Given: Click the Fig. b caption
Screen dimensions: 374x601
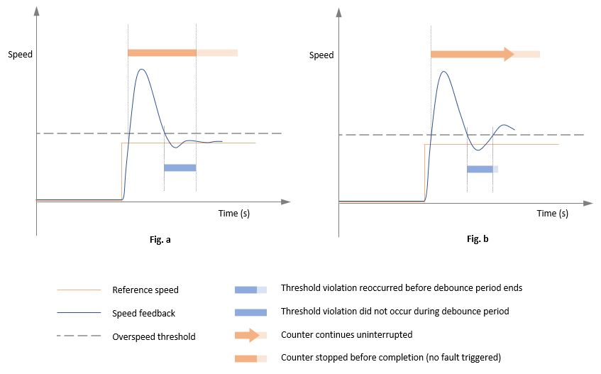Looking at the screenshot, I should point(478,239).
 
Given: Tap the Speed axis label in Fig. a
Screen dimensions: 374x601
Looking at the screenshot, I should point(20,55).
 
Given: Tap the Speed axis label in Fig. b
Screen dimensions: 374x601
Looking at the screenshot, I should point(321,55).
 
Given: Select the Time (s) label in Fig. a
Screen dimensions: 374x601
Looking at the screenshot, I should point(233,213).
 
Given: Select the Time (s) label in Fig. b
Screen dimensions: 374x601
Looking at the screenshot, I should point(552,213).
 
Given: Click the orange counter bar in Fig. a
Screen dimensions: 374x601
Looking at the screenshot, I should point(162,53).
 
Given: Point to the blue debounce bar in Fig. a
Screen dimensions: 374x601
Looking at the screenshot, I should point(180,167).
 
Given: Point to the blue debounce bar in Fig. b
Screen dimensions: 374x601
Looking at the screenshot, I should point(480,169).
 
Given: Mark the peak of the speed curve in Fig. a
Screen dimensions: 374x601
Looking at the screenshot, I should point(143,70).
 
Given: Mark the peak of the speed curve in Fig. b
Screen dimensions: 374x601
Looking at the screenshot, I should point(444,71).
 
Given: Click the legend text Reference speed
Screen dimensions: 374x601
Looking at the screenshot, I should point(145,290).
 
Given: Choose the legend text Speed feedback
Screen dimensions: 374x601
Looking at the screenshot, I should point(143,314).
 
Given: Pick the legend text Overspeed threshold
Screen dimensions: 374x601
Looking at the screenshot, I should point(153,337).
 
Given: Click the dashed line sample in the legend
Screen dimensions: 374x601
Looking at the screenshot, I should point(79,337).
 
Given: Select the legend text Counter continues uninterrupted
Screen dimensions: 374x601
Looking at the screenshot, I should point(346,335).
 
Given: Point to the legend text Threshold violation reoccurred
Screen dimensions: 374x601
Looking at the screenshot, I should point(402,288).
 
